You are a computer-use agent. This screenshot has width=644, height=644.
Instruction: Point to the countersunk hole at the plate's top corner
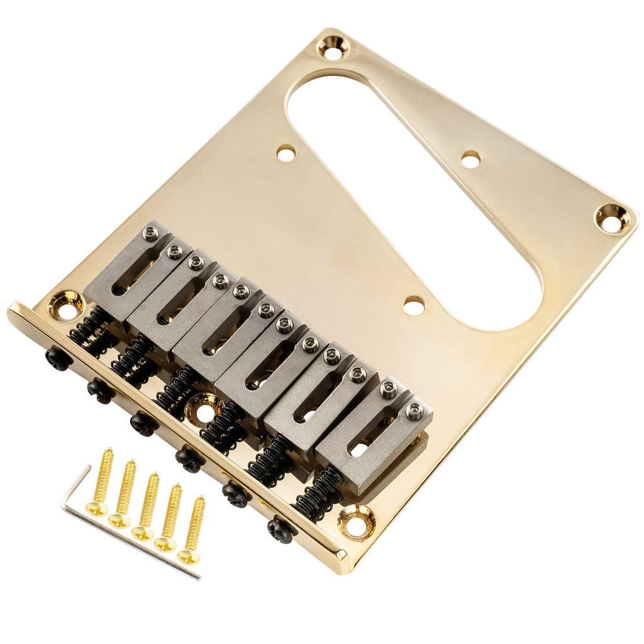click(333, 47)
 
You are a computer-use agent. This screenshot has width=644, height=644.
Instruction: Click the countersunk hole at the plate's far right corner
click(612, 218)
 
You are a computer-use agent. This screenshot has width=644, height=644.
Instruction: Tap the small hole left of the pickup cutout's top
click(286, 153)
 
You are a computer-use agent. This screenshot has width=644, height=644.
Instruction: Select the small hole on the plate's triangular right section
click(470, 159)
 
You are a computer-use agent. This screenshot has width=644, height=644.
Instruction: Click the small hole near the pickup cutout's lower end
click(413, 306)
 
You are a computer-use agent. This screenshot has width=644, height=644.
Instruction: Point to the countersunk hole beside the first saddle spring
click(65, 305)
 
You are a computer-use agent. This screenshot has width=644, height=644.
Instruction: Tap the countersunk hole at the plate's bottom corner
click(356, 521)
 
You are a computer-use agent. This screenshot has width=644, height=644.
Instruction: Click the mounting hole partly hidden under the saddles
click(203, 409)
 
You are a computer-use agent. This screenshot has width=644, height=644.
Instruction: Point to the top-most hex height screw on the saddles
click(150, 234)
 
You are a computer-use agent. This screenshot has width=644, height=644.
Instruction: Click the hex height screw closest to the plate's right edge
click(414, 412)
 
